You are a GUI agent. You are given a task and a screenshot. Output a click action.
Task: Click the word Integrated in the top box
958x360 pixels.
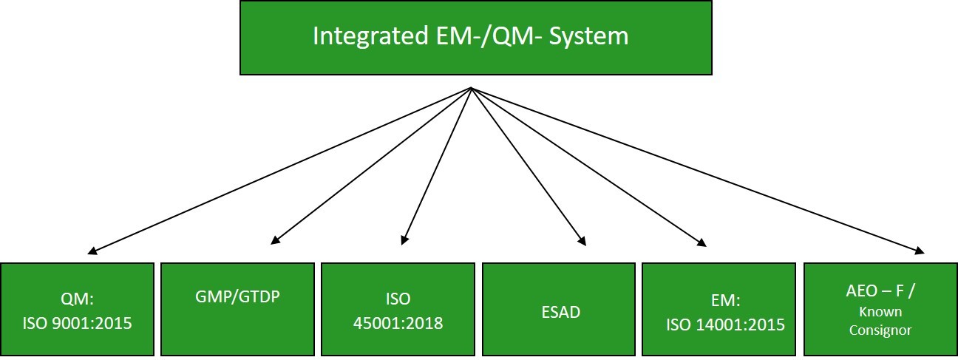point(371,36)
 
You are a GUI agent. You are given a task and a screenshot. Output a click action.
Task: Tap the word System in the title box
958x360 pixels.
point(589,36)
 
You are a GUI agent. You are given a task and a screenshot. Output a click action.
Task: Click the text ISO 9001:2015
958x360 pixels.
point(77,323)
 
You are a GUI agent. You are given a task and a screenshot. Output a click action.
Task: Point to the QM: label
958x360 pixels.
point(77,299)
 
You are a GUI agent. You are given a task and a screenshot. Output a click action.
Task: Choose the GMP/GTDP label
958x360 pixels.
point(237,296)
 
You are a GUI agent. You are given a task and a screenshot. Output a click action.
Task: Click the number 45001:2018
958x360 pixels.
point(398,323)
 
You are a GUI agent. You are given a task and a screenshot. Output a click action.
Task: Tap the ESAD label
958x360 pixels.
point(561,312)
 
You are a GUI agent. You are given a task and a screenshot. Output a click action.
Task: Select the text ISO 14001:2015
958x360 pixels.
point(725,325)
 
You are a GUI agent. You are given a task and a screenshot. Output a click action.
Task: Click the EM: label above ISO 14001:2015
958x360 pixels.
point(725,301)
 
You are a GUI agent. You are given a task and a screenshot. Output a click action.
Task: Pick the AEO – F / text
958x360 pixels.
point(880,291)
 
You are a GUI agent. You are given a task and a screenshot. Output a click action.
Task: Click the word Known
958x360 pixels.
point(880,312)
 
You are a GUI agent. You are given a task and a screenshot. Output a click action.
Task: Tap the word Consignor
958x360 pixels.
point(880,330)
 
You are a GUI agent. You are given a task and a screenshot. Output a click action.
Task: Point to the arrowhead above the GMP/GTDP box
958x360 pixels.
point(276,241)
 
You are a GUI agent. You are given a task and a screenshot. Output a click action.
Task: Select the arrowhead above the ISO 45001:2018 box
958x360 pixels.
point(404,240)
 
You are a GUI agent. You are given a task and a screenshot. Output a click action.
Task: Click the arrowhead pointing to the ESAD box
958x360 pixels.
point(582,242)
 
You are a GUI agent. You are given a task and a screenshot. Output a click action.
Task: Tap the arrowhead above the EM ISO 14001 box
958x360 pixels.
point(702,243)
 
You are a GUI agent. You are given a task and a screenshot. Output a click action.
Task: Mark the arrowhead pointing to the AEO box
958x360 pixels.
point(920,251)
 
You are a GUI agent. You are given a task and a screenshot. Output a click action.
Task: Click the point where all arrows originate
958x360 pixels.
point(471,88)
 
